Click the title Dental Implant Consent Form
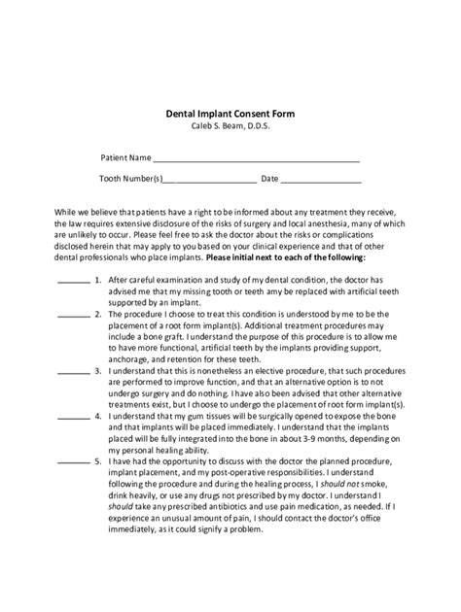coord(230,113)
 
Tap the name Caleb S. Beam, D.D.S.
coord(230,126)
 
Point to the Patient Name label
coord(125,155)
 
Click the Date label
coord(269,179)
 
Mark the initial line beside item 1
coord(75,281)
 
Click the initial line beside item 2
coord(75,317)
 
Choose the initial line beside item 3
coord(75,373)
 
